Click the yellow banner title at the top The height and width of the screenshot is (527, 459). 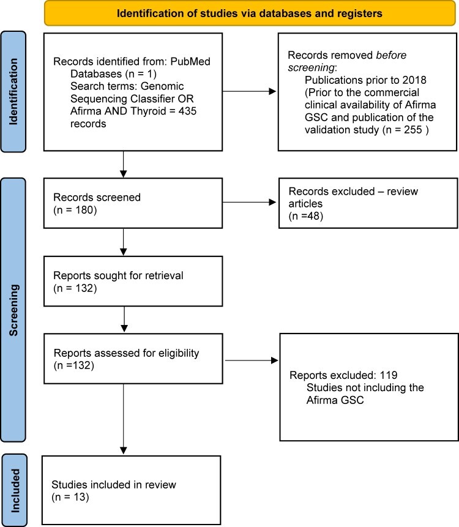249,13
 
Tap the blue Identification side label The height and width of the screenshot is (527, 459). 13,92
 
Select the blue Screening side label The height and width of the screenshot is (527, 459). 13,310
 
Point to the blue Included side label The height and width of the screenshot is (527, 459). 15,491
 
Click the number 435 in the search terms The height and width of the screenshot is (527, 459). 187,111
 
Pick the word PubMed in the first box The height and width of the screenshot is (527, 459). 190,61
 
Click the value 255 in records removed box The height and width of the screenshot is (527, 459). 413,130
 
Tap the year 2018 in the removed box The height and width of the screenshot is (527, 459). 414,80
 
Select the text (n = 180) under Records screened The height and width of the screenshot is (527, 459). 75,210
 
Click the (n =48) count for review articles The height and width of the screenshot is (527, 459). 306,216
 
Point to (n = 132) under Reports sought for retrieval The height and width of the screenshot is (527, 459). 75,288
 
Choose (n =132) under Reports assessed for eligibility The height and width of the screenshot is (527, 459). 73,365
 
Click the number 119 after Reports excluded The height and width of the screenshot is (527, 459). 389,375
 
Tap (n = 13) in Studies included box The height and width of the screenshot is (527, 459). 70,497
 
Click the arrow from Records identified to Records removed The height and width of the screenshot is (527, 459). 249,91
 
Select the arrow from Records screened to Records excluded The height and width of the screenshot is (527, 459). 249,203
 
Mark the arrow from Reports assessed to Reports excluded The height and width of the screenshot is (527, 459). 252,361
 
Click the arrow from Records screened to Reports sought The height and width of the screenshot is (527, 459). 124,242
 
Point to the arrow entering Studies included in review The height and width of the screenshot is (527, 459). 124,419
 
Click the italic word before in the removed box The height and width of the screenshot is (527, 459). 391,55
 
